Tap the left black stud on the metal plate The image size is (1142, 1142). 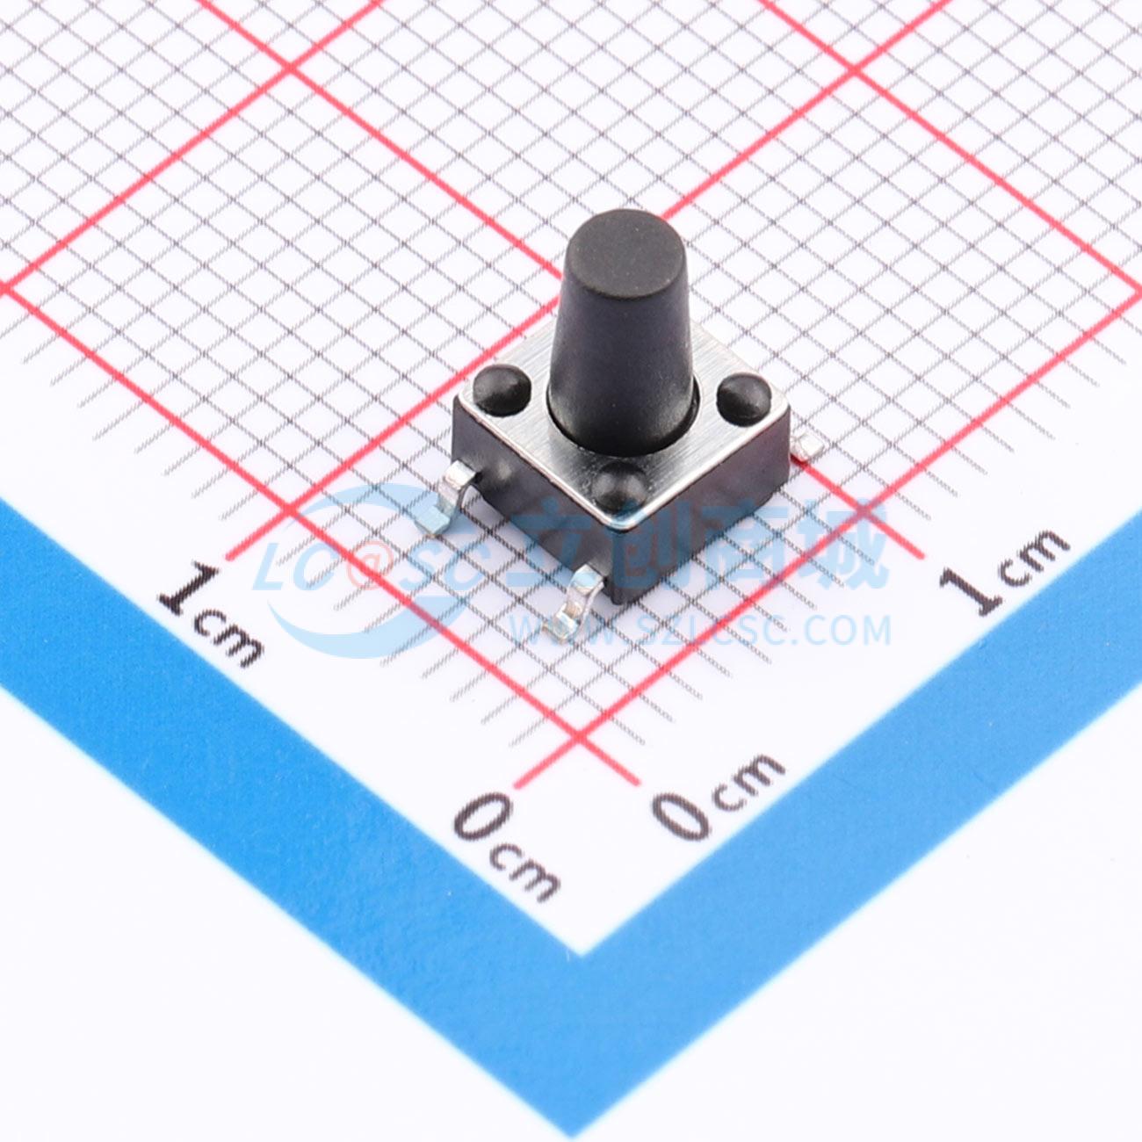coord(502,388)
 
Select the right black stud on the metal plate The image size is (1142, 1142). coord(743,394)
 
